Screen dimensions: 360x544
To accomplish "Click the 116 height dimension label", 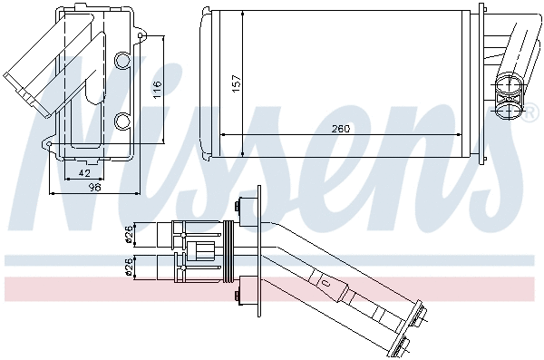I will (157, 88).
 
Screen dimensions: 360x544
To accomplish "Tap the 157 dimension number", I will (238, 82).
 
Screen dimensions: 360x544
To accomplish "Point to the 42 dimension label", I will (83, 171).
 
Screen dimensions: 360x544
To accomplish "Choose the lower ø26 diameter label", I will (129, 266).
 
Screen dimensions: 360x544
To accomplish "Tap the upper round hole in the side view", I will (124, 61).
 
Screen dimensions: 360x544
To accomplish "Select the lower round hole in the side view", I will (124, 120).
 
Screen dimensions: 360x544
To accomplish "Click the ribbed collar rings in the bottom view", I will (228, 250).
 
